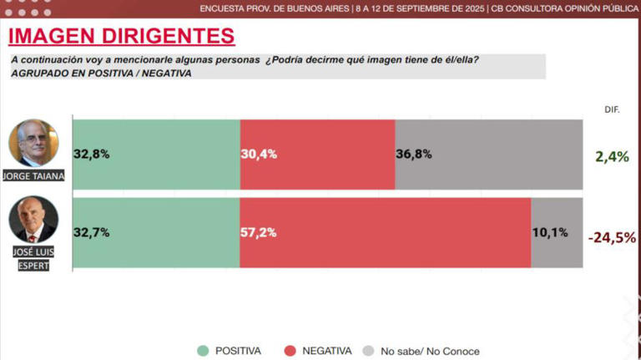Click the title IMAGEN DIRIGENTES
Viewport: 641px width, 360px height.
click(x=120, y=36)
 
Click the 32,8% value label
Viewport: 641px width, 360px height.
click(x=92, y=154)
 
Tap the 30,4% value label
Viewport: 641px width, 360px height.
click(x=259, y=154)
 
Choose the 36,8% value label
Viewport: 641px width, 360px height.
click(x=414, y=154)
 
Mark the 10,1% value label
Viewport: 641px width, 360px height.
click(x=550, y=233)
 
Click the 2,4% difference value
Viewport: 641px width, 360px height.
click(x=612, y=155)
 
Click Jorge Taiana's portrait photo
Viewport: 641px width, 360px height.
click(x=33, y=144)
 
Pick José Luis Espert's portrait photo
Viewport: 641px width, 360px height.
click(x=33, y=221)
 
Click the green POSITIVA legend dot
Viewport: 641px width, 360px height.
click(x=203, y=351)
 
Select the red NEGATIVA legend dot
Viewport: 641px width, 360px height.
click(x=290, y=351)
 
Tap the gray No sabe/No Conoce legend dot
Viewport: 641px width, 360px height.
click(x=368, y=351)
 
